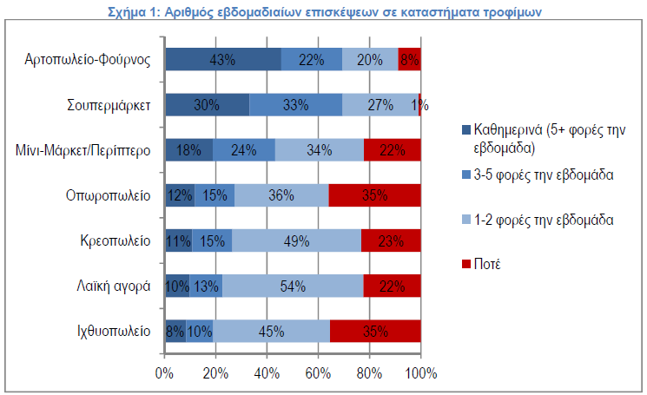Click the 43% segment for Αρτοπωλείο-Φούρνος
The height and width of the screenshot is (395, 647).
(223, 59)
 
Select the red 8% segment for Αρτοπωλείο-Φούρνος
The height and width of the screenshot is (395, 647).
(410, 59)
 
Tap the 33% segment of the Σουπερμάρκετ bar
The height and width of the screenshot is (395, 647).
(296, 104)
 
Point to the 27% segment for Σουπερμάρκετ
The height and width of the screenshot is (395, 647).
(380, 104)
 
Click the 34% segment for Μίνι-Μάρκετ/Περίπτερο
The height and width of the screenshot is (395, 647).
(320, 149)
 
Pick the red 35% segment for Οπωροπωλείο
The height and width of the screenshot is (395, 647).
(375, 194)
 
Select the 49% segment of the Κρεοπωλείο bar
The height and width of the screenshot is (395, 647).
(296, 240)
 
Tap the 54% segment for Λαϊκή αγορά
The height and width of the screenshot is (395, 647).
(293, 286)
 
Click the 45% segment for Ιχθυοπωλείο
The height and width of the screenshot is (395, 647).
(272, 331)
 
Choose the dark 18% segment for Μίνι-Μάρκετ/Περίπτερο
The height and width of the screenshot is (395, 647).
(188, 149)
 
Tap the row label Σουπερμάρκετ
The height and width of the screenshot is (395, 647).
(110, 104)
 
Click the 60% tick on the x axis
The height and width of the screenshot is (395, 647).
(318, 372)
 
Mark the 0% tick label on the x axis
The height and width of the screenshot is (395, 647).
(164, 372)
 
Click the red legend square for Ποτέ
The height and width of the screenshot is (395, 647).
(466, 264)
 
